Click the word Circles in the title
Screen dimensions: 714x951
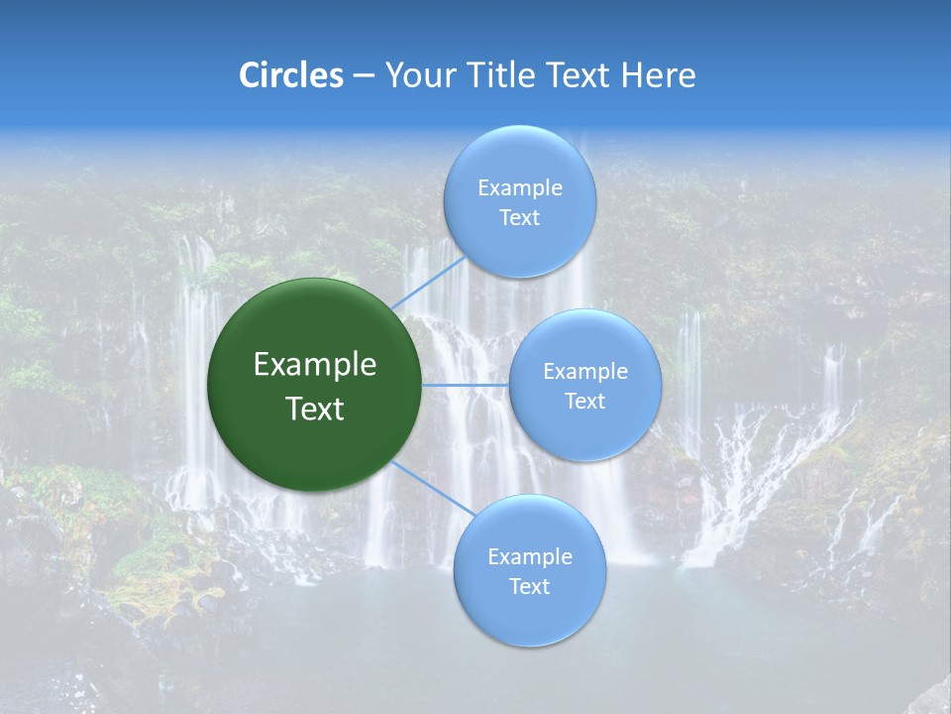click(291, 75)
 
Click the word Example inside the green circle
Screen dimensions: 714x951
click(315, 365)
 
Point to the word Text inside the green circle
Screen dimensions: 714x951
click(315, 409)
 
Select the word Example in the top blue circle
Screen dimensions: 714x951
click(520, 188)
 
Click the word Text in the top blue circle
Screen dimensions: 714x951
click(519, 218)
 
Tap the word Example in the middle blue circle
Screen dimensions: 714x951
click(585, 372)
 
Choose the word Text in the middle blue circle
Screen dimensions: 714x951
click(584, 402)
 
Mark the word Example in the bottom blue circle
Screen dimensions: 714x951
click(530, 557)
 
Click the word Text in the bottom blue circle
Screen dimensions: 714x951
click(529, 587)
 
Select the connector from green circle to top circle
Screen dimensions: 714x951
click(428, 283)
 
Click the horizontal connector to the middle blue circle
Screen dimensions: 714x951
click(465, 385)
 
